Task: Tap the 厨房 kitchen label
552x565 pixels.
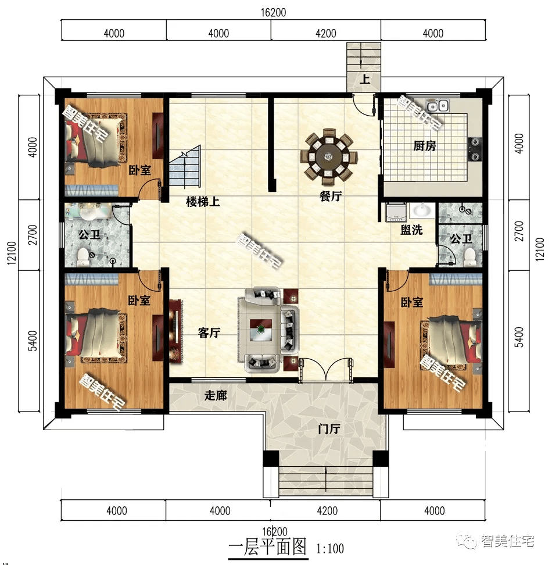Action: pos(425,146)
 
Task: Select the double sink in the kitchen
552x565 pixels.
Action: pos(437,106)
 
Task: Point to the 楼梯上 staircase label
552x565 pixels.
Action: pos(203,202)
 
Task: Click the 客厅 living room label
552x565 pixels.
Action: pos(209,332)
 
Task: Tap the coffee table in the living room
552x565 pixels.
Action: pos(261,329)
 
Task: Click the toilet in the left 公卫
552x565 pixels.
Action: pos(83,256)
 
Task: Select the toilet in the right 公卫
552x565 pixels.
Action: pos(470,258)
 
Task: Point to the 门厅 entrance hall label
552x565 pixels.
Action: pos(329,429)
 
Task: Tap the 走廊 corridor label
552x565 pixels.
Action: pos(216,395)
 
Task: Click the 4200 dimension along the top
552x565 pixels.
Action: pos(326,34)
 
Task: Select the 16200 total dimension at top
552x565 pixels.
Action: pos(273,12)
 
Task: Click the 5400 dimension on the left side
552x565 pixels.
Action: pos(33,341)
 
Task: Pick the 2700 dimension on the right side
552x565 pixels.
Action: pos(519,231)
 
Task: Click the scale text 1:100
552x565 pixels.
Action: pos(330,548)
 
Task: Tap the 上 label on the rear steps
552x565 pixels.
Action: pos(365,79)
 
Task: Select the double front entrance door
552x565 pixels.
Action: pos(326,369)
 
